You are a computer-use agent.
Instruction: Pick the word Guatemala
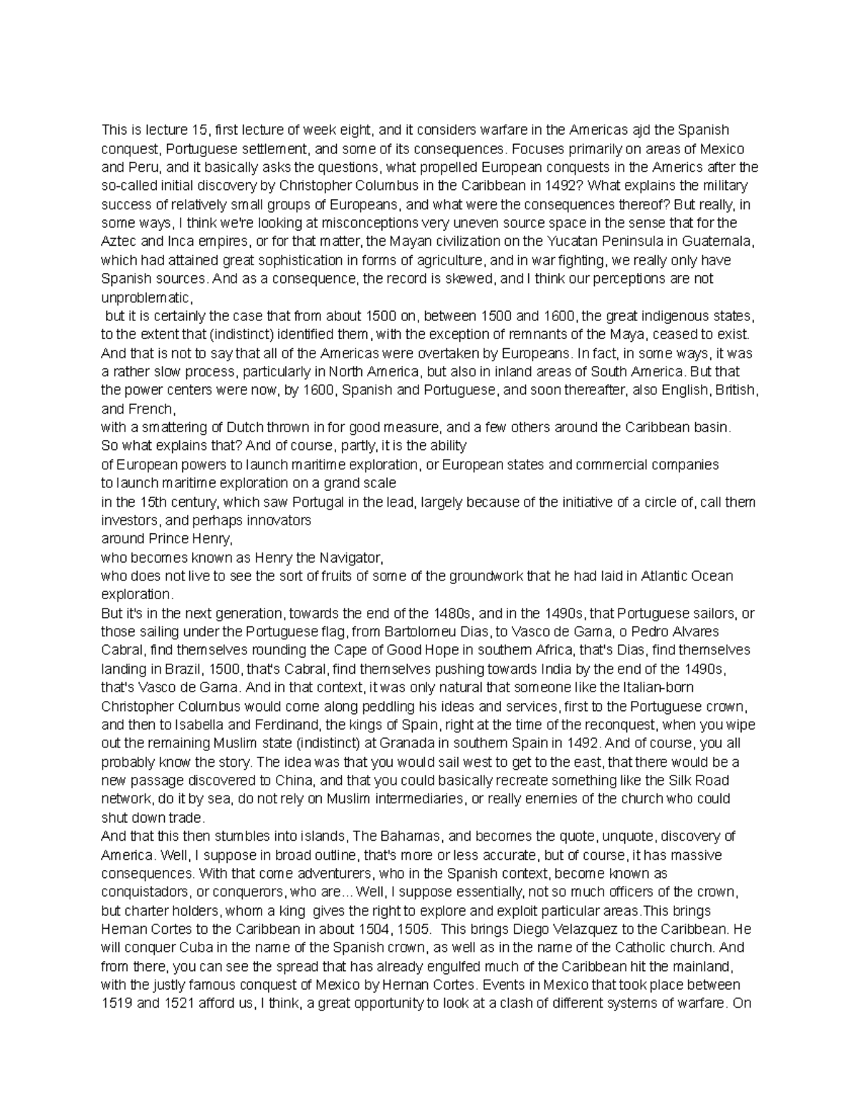[x=720, y=242]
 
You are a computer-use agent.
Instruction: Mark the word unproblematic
[x=147, y=297]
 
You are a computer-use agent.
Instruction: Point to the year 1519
[x=116, y=1004]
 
